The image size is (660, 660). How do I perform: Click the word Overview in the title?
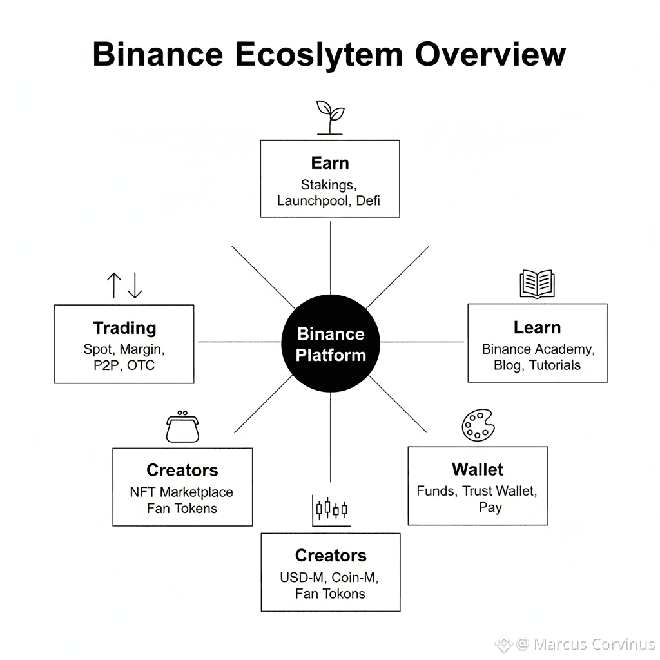[490, 54]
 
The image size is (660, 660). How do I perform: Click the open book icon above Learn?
[537, 284]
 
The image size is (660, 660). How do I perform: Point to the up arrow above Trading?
[113, 285]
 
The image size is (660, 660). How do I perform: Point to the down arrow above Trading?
[135, 285]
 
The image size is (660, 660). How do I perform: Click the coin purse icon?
[182, 427]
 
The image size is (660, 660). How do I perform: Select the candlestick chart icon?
[331, 509]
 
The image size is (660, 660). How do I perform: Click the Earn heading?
[330, 162]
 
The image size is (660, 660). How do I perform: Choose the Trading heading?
[124, 327]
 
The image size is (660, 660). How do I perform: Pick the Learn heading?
[537, 327]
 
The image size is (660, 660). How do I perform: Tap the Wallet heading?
[478, 469]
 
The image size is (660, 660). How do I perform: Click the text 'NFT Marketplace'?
[182, 492]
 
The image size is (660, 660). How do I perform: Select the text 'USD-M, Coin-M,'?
[330, 577]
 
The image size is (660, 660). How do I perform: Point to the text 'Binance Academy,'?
[538, 349]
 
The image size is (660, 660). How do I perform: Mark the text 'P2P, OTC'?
[124, 365]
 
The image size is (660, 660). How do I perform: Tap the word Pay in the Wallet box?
[490, 507]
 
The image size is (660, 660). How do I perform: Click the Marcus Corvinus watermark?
[585, 644]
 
